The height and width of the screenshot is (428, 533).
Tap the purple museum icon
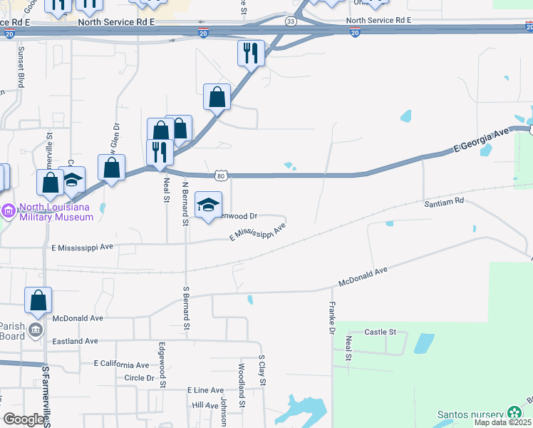point(9,211)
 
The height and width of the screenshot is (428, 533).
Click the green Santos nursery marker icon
point(514,412)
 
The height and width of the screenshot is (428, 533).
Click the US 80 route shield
point(222,175)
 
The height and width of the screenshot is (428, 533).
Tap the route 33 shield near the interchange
point(291,21)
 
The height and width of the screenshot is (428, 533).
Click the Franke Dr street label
point(331,318)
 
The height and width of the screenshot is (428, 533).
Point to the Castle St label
point(380,332)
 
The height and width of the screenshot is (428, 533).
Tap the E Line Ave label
point(205,390)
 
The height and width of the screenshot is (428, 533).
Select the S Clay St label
point(262,371)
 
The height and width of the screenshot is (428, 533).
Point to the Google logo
point(24,419)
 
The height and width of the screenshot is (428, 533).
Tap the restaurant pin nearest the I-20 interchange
point(251,52)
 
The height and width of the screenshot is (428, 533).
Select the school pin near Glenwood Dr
point(208,205)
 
